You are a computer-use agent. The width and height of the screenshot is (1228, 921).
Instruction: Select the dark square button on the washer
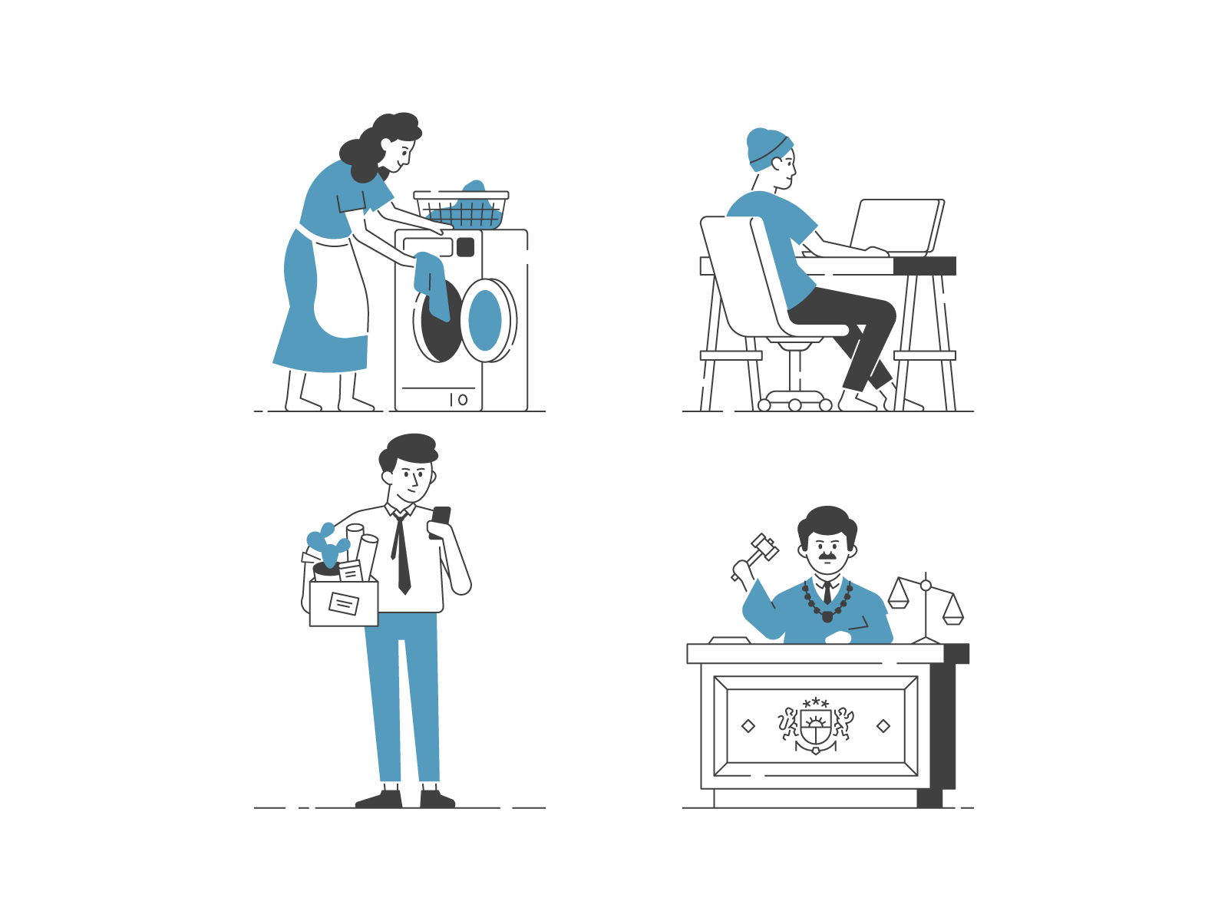pos(465,247)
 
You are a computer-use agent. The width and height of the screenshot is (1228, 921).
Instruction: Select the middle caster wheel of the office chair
pos(795,405)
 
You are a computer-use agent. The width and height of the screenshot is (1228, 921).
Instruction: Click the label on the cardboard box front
pos(343,604)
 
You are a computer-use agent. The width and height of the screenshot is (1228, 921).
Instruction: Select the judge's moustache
pos(827,554)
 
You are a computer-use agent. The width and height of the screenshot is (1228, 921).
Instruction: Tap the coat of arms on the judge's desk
pos(815,726)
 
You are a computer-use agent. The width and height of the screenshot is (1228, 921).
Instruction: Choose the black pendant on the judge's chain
pos(827,616)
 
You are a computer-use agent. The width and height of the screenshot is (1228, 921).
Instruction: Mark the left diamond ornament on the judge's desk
pos(748,726)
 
